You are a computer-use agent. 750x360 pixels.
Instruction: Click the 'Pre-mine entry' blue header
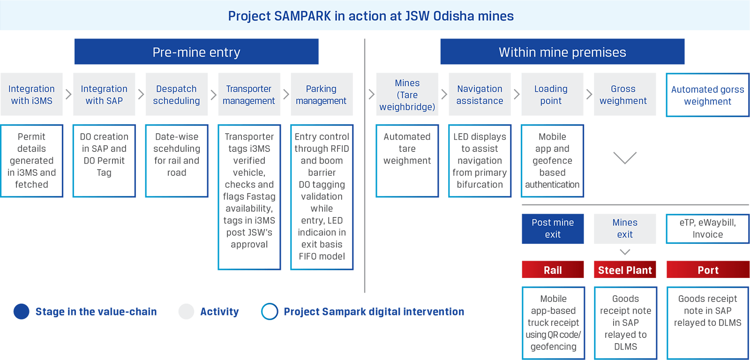coord(196,52)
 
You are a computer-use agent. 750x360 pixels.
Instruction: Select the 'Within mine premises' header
coord(562,52)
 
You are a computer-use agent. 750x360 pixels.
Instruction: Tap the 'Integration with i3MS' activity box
coord(31,94)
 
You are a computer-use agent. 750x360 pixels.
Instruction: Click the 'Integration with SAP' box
coord(104,94)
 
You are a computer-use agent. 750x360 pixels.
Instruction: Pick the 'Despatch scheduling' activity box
coord(176,94)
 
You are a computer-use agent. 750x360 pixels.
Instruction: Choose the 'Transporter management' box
coord(249,94)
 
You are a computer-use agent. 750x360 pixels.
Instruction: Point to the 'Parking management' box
coord(321,94)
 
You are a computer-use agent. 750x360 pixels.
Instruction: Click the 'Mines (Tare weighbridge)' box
coord(407,94)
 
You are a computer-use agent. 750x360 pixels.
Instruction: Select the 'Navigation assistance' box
coord(480,94)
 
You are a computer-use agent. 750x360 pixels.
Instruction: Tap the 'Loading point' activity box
coord(552,94)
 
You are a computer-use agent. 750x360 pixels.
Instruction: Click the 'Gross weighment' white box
coord(624,94)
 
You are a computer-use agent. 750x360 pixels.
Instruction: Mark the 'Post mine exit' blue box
coord(553,228)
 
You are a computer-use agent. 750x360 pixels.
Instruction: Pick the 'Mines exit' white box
coord(625,228)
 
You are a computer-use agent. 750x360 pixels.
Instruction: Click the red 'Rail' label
coord(553,270)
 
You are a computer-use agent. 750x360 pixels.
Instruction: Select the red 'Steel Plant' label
coord(625,270)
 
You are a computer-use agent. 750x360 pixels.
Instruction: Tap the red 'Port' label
coord(708,270)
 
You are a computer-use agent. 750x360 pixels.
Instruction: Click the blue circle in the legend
coord(22,312)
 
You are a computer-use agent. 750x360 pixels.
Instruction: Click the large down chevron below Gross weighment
coord(625,158)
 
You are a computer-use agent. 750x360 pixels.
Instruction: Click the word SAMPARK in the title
coord(302,16)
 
